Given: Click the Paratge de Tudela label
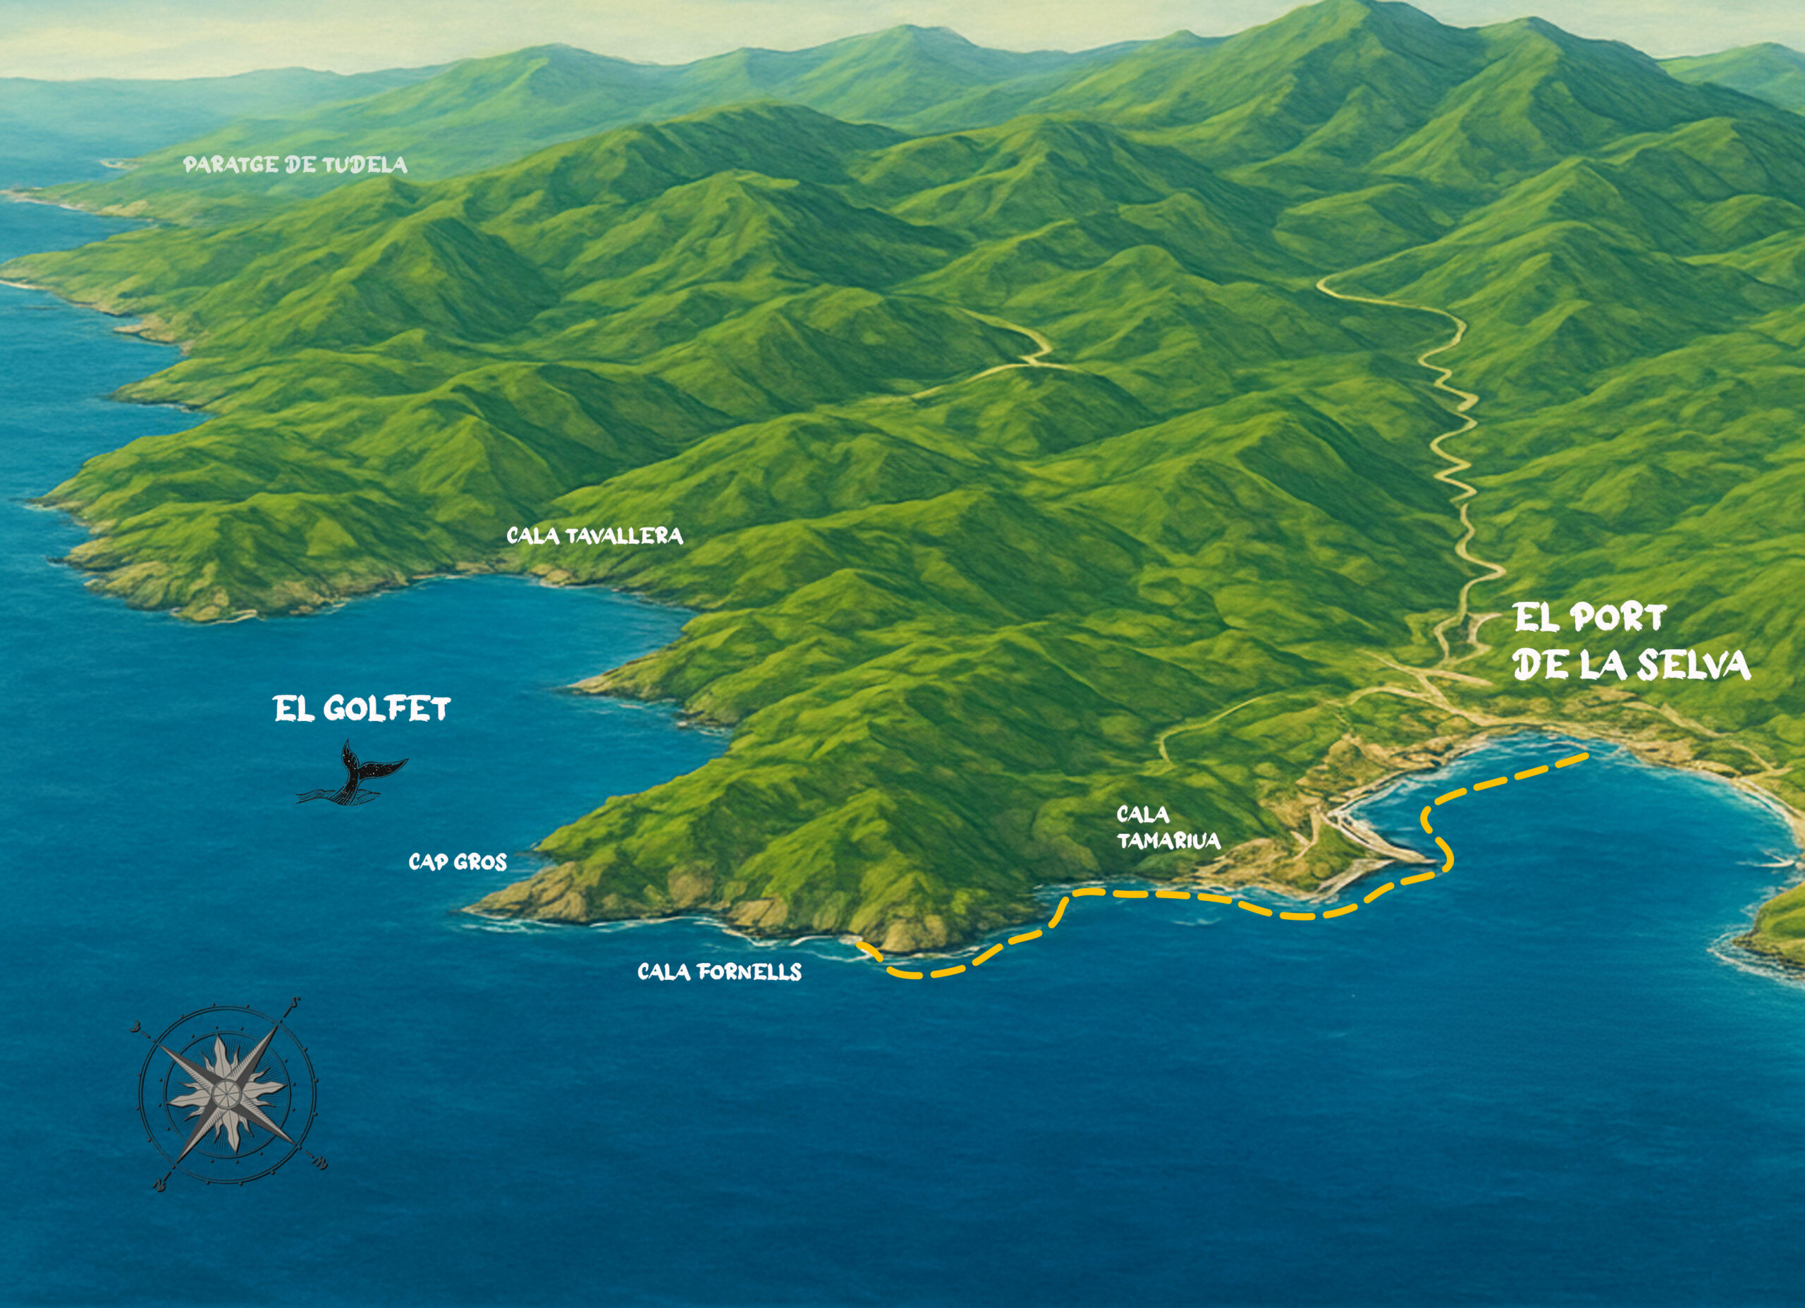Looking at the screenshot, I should (295, 165).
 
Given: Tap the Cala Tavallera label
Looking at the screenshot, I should (594, 535).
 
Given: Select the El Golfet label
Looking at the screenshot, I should (362, 708).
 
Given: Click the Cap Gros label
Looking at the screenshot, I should (458, 861).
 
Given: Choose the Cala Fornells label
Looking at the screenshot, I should (719, 971).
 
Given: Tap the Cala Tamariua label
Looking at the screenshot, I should (1168, 827).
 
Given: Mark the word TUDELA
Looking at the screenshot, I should (364, 165).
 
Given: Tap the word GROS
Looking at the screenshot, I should (481, 861).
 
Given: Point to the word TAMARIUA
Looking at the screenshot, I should (1168, 841).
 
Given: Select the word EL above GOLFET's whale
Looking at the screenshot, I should (292, 708).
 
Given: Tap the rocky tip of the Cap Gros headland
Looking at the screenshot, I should (477, 907).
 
